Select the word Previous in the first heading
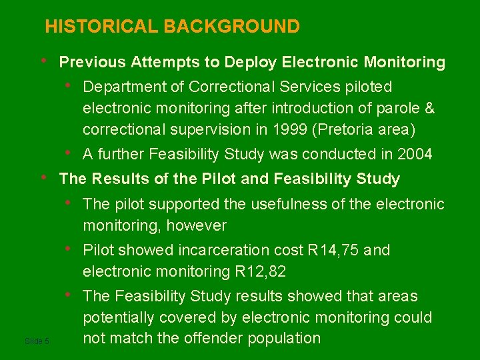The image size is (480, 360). pos(93,63)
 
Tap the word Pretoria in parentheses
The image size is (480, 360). pos(329,129)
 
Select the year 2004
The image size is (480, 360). pos(415,155)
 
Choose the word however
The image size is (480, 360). pos(197,225)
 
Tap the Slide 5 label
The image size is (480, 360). pos(37,341)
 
